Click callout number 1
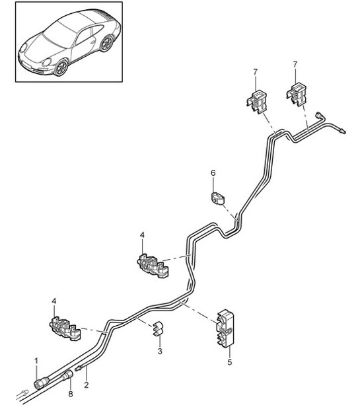[37, 360]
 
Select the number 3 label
[159, 352]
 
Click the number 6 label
[213, 173]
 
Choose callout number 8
[71, 395]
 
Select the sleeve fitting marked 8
[67, 379]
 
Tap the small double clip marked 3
[159, 328]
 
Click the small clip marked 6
[217, 197]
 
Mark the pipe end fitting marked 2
[80, 371]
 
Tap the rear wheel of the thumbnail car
[108, 44]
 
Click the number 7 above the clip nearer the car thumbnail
[253, 71]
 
